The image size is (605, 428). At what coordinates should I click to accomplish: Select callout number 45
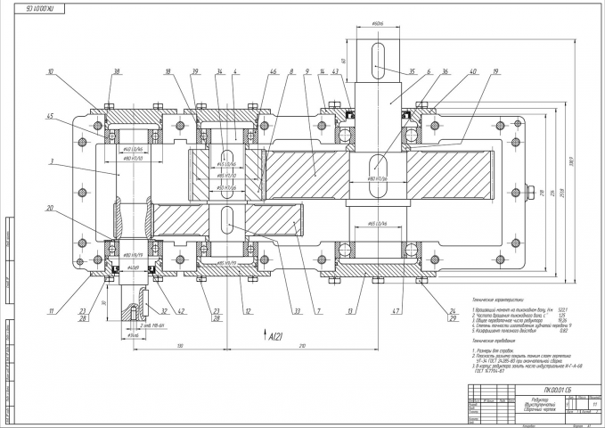(x=51, y=116)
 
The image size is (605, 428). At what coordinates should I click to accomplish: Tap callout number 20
(x=51, y=209)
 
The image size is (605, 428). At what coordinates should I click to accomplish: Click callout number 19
(x=495, y=70)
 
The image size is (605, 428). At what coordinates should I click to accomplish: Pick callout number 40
(x=472, y=70)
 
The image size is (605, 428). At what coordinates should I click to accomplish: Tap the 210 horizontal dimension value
(x=303, y=344)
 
